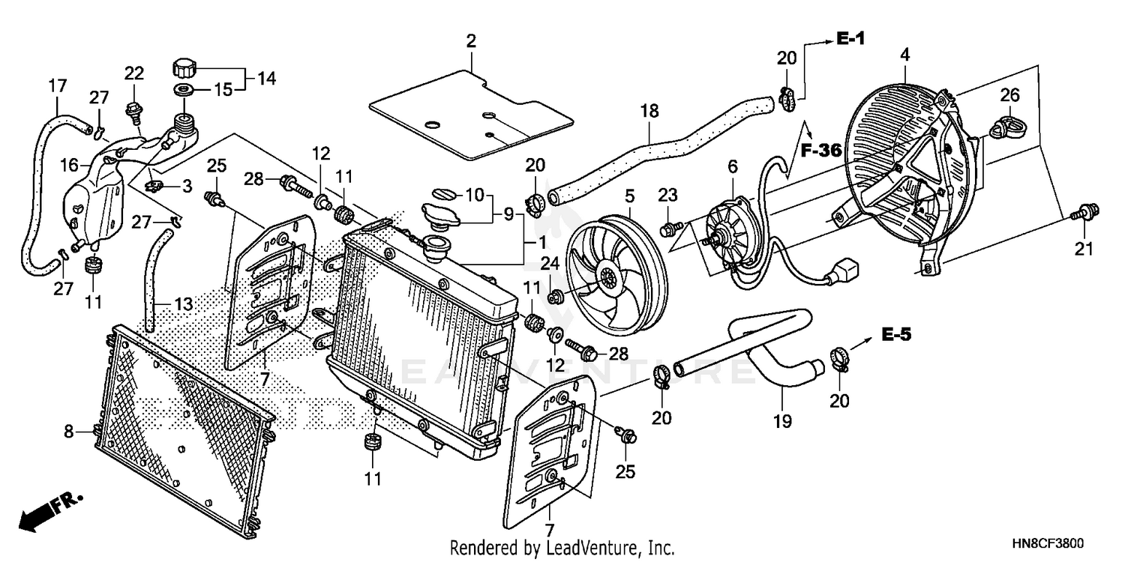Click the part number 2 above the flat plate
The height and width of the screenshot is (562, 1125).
point(471,41)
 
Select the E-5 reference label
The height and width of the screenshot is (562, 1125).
point(896,335)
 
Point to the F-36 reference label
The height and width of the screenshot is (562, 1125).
point(820,150)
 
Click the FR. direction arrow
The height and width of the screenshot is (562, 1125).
point(49,513)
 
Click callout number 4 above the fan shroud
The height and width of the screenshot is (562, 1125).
point(905,55)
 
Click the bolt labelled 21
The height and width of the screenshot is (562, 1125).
point(1080,213)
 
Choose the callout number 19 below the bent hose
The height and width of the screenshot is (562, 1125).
point(782,422)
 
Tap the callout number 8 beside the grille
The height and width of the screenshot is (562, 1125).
point(69,431)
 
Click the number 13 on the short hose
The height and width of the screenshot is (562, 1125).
point(184,305)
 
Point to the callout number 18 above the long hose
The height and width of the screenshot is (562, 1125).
point(649,112)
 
